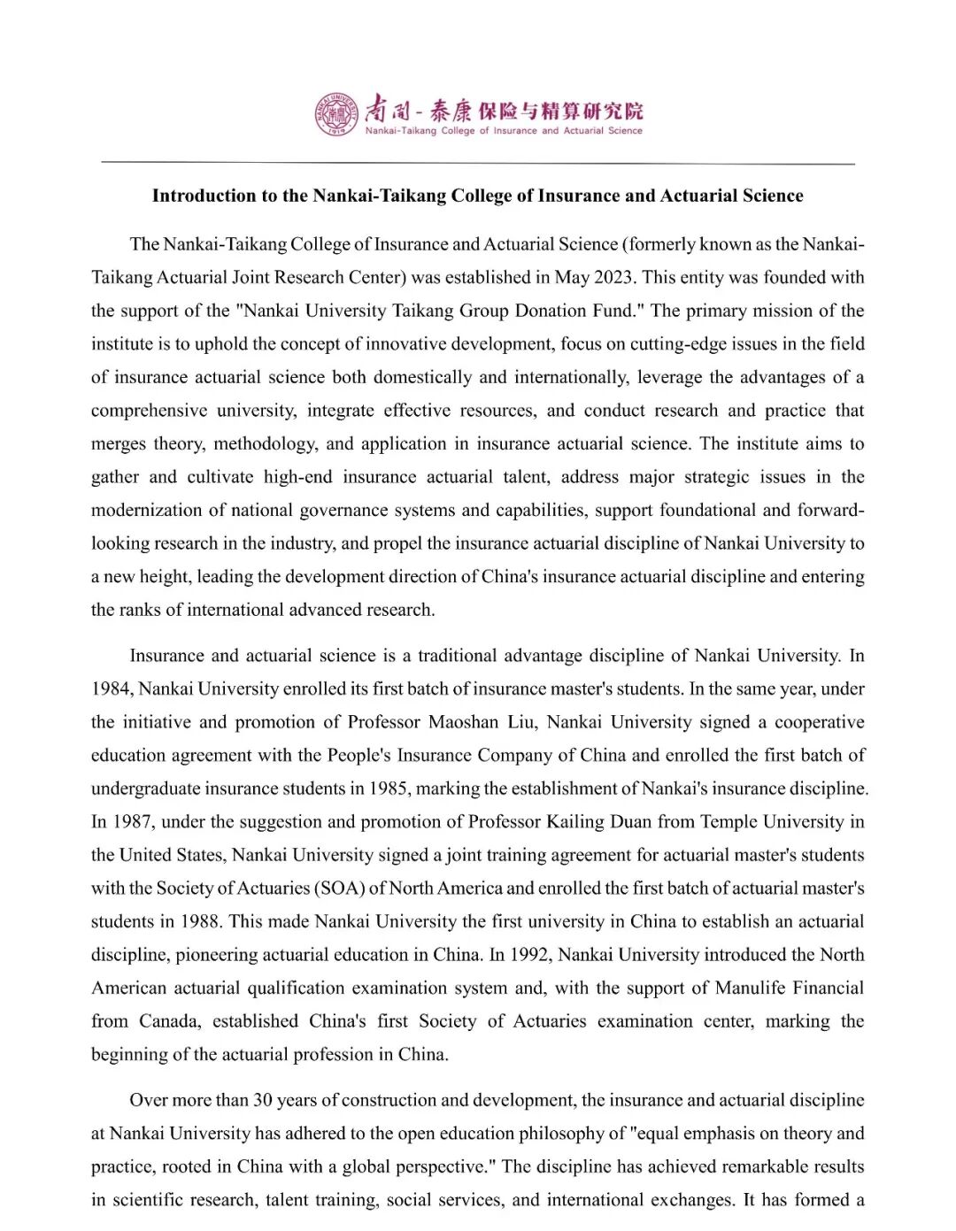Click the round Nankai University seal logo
(x=337, y=114)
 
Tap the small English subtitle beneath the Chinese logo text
(x=504, y=131)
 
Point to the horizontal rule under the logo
(x=478, y=164)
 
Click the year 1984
(x=111, y=689)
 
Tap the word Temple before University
(x=729, y=821)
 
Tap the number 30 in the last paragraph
(x=263, y=1100)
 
